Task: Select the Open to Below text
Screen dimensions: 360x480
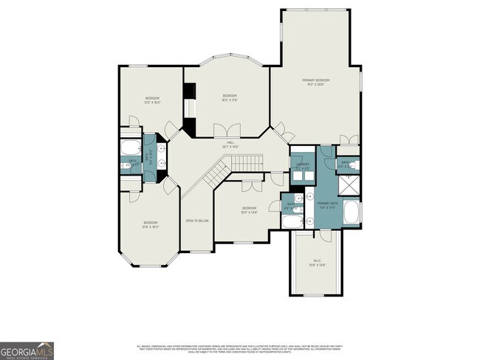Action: (x=197, y=221)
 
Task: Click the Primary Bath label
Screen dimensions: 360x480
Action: (x=327, y=204)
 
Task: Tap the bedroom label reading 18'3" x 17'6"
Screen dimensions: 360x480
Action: (x=230, y=97)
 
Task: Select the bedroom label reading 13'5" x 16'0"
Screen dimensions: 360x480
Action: (x=152, y=100)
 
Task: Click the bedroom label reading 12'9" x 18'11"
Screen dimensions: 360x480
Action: (x=151, y=224)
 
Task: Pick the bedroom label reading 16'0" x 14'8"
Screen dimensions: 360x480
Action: (x=249, y=210)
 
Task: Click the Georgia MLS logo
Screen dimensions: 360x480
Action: (x=27, y=350)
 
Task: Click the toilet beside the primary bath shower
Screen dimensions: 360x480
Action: (x=352, y=165)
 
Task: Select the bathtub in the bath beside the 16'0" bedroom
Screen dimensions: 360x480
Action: (x=292, y=221)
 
